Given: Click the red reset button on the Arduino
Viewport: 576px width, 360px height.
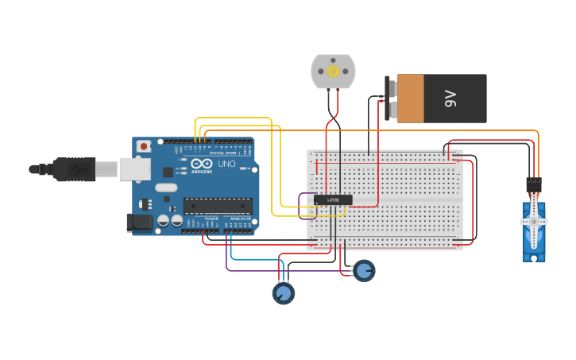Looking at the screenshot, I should (144, 146).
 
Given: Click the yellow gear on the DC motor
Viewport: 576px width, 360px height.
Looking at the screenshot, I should (333, 72).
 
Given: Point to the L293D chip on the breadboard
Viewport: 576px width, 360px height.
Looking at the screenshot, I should (333, 199).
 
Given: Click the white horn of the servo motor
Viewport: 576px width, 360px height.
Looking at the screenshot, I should (534, 222).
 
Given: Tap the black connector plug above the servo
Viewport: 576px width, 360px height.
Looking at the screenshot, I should (534, 184).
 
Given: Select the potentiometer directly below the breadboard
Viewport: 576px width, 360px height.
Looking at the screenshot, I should (364, 271).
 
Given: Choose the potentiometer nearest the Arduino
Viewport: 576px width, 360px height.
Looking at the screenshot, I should (283, 293).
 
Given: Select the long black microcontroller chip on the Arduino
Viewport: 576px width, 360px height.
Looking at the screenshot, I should (218, 206).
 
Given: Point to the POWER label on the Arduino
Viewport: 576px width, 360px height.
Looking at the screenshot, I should (211, 218).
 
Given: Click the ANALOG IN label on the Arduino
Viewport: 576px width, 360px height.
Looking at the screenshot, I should (239, 218).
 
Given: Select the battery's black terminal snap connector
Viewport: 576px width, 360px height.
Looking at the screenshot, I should (389, 99).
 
